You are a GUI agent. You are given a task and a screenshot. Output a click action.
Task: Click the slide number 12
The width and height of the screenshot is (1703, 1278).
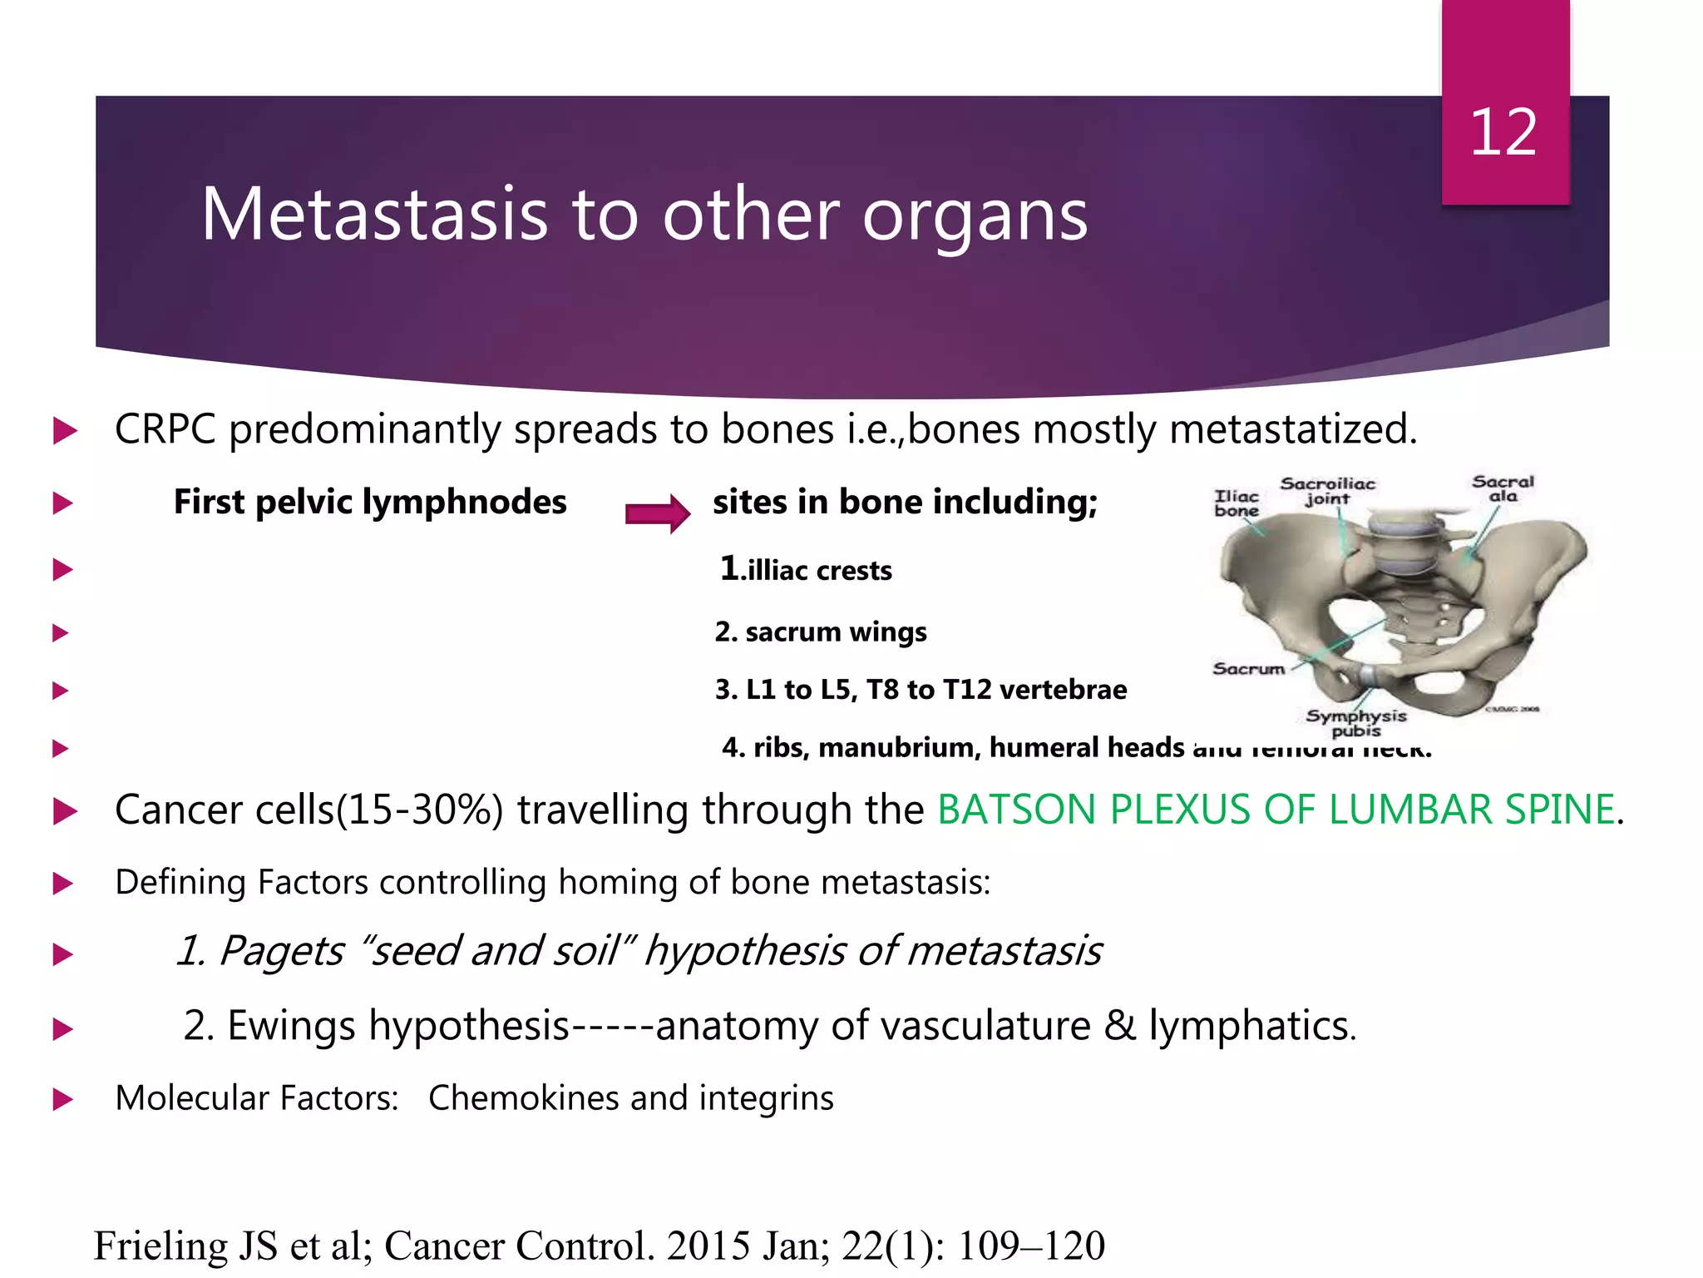click(x=1503, y=133)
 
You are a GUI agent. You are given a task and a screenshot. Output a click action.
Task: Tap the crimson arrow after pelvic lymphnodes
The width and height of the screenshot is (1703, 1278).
click(x=657, y=513)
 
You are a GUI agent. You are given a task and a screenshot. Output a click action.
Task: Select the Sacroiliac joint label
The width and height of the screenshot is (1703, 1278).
click(x=1327, y=491)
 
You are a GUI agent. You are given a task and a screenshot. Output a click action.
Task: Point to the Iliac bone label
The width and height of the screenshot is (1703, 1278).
click(x=1237, y=503)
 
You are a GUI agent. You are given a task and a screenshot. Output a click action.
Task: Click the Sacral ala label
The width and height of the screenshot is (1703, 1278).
click(x=1503, y=488)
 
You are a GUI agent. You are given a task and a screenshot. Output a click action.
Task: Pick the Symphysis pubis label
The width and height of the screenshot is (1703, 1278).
click(x=1355, y=723)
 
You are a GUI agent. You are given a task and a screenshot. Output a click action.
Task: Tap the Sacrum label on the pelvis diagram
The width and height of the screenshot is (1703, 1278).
click(x=1248, y=669)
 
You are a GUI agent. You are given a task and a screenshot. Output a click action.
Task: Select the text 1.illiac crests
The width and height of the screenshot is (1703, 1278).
click(x=806, y=570)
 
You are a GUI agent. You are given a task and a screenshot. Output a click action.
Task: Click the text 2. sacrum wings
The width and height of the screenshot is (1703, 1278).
click(x=820, y=632)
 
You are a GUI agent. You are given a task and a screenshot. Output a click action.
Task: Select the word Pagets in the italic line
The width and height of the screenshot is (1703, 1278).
click(x=281, y=951)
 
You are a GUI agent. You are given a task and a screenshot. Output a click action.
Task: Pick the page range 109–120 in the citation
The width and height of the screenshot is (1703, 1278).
click(x=1031, y=1246)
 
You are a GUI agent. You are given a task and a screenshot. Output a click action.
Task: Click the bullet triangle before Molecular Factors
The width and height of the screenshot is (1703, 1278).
click(x=63, y=1100)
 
